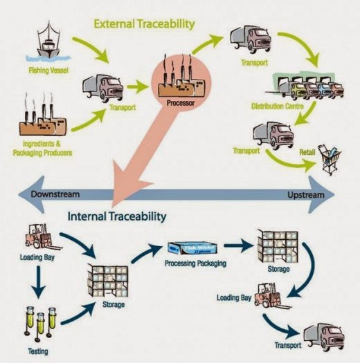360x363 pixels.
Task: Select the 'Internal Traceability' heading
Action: click(x=117, y=216)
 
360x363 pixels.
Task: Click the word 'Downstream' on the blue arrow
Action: click(x=55, y=195)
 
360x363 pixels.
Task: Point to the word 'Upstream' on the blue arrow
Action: click(x=305, y=195)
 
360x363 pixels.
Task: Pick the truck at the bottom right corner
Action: click(x=323, y=336)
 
